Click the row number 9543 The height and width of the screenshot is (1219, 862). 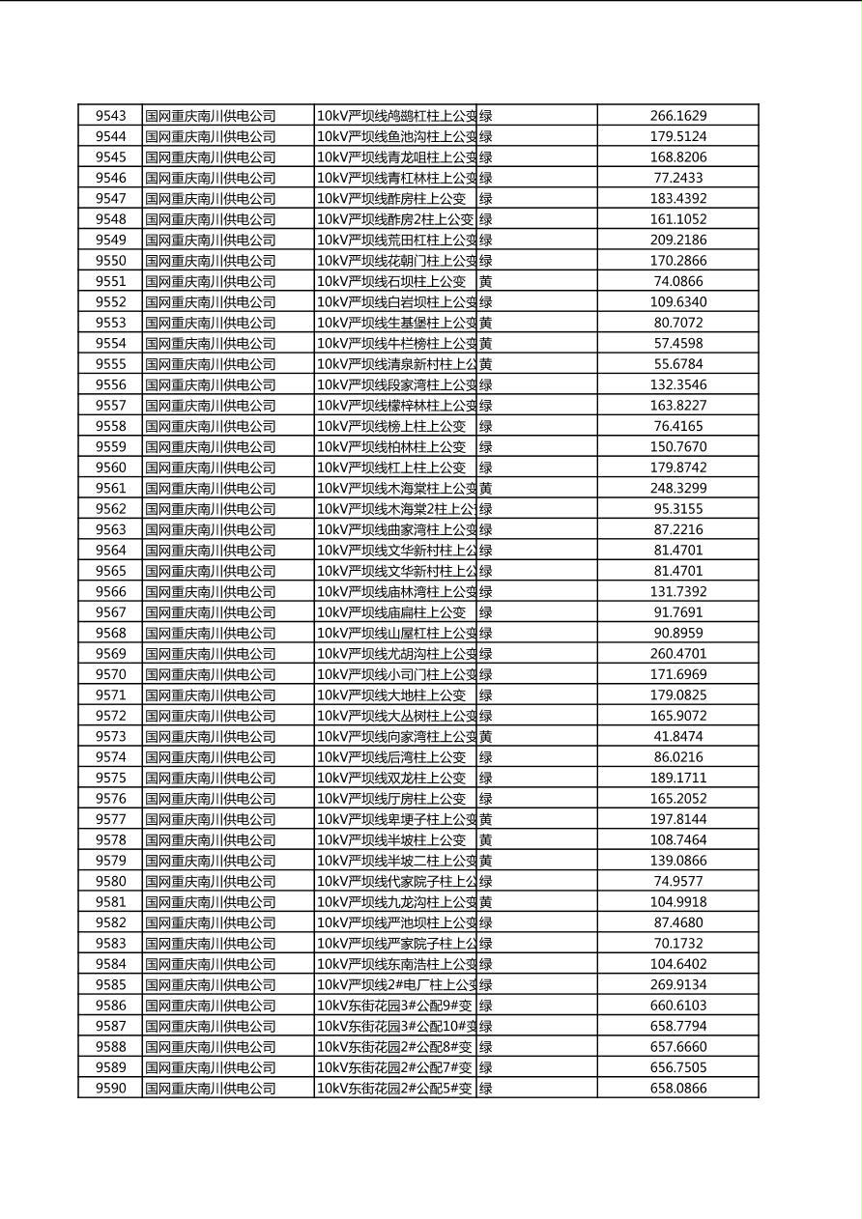(x=110, y=116)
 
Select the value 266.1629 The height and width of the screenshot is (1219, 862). (x=678, y=116)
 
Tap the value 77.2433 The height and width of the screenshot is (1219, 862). (x=678, y=178)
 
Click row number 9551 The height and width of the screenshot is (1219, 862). (x=110, y=281)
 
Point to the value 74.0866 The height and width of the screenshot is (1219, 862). (x=678, y=281)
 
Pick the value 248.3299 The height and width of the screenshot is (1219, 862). (x=678, y=488)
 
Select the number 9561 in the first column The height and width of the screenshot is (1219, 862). (x=110, y=488)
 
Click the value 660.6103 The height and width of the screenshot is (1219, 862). (x=678, y=1006)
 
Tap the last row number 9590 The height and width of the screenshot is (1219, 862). (x=110, y=1088)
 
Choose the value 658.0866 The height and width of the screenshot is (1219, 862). (x=678, y=1088)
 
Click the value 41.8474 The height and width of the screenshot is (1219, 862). (x=678, y=736)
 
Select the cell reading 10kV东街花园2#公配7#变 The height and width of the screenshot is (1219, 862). (x=395, y=1067)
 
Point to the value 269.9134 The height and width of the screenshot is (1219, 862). (x=678, y=984)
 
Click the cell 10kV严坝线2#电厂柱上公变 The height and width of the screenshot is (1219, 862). (x=396, y=984)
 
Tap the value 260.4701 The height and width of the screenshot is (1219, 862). (x=678, y=654)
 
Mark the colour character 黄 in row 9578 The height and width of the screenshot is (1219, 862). (x=486, y=840)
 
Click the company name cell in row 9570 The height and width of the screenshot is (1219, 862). (x=211, y=674)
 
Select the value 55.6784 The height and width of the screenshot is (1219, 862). (x=678, y=364)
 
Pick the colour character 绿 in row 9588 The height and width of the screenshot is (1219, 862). (x=486, y=1047)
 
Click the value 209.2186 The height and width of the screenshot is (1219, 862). (x=678, y=240)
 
